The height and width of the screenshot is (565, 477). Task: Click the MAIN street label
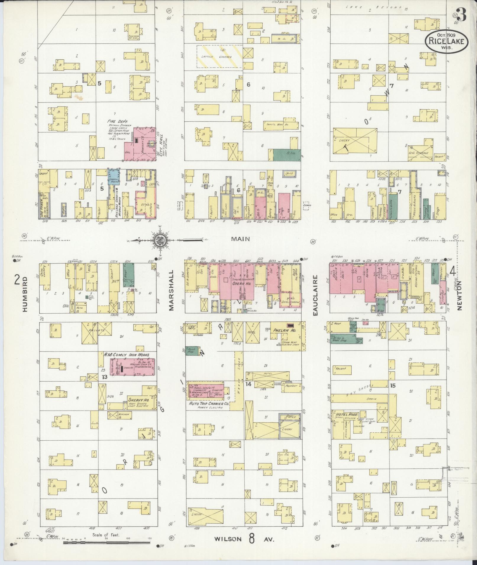241,239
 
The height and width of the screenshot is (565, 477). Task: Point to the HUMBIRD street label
25,294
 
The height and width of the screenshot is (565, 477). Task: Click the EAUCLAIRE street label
316,295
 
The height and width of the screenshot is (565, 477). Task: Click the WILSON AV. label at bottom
245,539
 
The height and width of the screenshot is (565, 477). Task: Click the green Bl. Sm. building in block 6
286,155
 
